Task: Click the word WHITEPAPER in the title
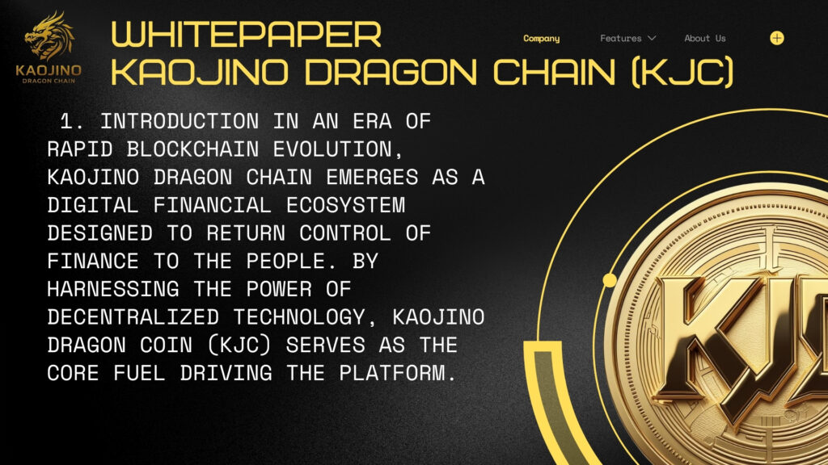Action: (246, 34)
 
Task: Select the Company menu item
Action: (541, 39)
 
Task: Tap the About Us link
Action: (705, 38)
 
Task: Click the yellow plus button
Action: (777, 38)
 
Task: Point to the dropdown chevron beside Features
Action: (652, 38)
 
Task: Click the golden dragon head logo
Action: (49, 36)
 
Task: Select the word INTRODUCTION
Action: (180, 121)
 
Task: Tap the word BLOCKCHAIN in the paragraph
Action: (192, 149)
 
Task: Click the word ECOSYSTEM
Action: (345, 205)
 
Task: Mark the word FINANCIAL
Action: (213, 205)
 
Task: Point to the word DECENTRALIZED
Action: (133, 316)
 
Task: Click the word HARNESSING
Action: (113, 289)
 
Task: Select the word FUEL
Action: (139, 373)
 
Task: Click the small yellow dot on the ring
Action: (610, 280)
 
